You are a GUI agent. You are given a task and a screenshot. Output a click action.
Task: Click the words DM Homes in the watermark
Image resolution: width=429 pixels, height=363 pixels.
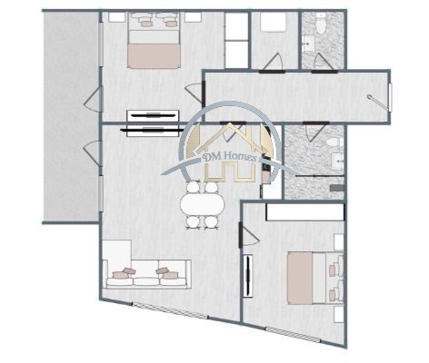coord(232,158)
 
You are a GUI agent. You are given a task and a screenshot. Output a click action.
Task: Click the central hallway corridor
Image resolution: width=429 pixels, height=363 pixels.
coord(291,95)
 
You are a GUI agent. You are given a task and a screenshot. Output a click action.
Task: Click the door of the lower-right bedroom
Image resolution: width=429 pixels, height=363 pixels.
coord(242,238)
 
